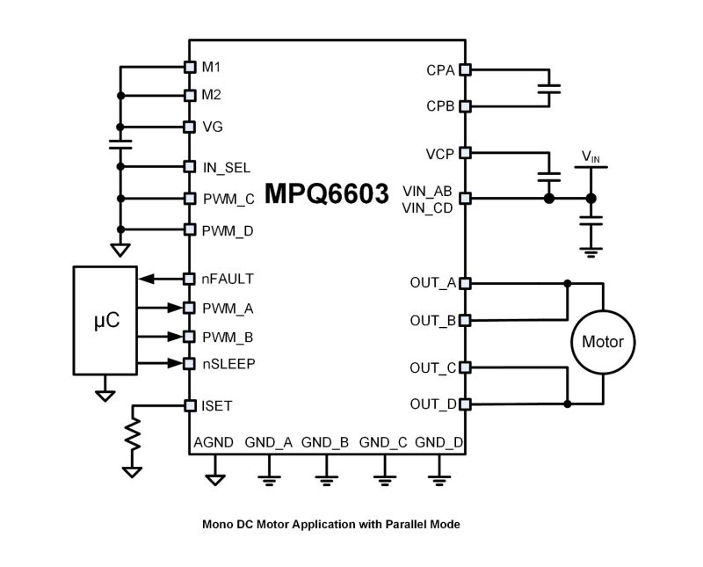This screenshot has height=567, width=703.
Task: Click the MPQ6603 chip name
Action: (x=327, y=195)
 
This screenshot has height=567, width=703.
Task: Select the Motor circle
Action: (x=603, y=342)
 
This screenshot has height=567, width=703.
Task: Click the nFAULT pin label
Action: (x=228, y=279)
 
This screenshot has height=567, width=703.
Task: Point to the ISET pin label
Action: (x=217, y=405)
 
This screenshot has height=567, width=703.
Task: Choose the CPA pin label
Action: (x=440, y=69)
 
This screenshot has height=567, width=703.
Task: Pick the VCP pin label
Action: (x=439, y=153)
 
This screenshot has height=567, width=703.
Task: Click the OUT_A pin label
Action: (x=432, y=283)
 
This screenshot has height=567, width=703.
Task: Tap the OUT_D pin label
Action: (x=432, y=404)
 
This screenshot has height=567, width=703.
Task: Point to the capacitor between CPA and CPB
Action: (x=549, y=88)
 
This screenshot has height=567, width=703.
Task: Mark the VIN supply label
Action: (x=591, y=158)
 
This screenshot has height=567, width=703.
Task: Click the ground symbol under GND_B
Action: (x=325, y=478)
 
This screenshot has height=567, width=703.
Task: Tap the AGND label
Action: (x=214, y=442)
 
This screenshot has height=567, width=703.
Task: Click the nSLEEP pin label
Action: (x=228, y=363)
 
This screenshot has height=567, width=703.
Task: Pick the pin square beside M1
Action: (x=189, y=67)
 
